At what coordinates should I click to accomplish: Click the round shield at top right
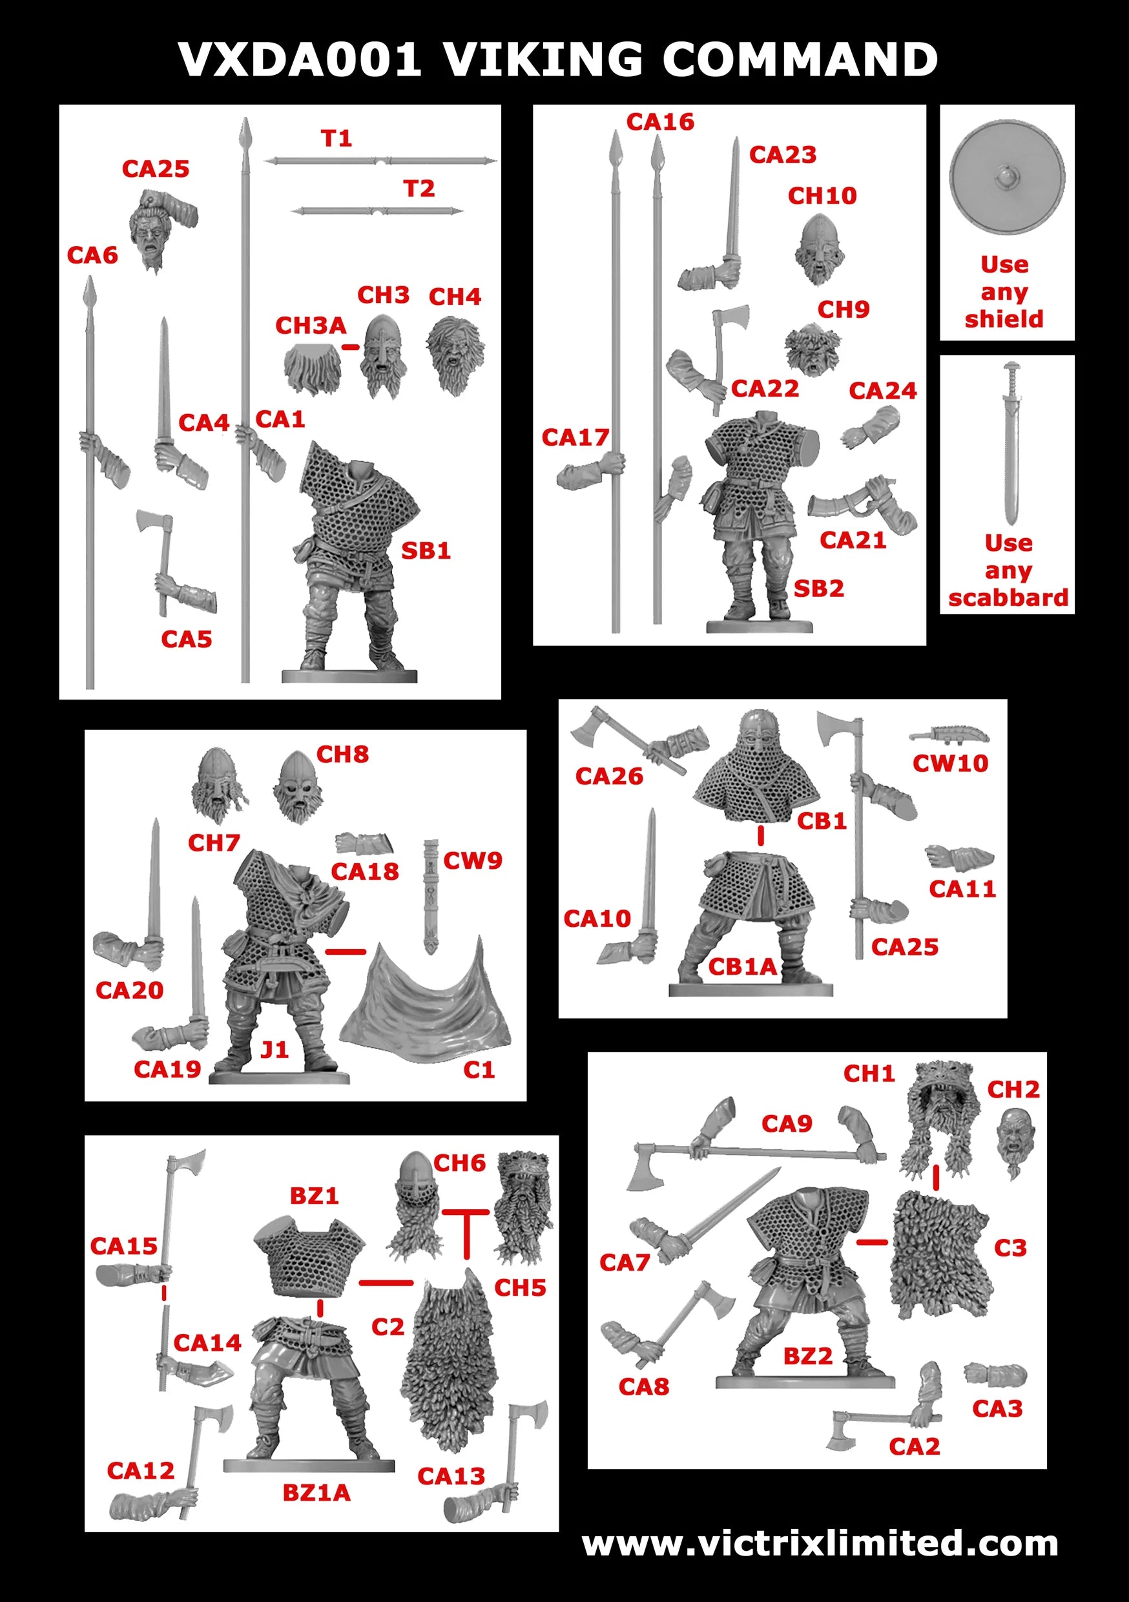tap(1006, 178)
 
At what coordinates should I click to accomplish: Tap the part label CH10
tap(822, 196)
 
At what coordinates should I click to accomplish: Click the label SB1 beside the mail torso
tap(426, 551)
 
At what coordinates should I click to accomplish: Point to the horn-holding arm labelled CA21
tap(865, 503)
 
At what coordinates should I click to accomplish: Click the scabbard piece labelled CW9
tap(431, 895)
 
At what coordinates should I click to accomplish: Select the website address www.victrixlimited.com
tap(820, 1543)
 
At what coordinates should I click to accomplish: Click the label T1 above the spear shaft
tap(337, 138)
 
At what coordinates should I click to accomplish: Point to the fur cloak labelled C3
tap(938, 1256)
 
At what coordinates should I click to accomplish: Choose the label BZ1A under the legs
tap(316, 1492)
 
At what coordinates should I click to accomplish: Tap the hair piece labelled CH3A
tap(312, 368)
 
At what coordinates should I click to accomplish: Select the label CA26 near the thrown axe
tap(608, 776)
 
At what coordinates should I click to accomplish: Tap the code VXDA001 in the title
tap(300, 59)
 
